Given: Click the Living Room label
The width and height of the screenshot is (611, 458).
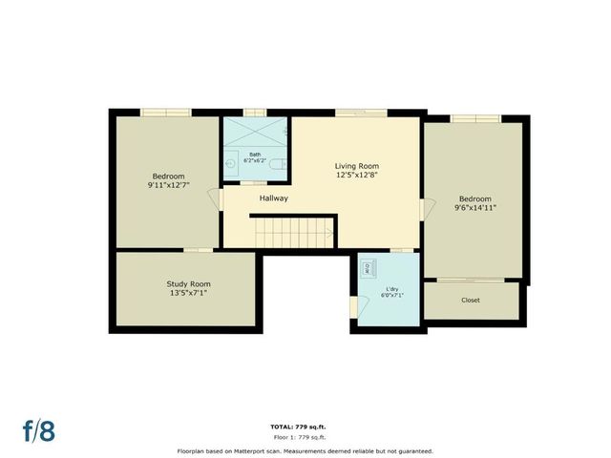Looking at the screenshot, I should pyautogui.click(x=357, y=165).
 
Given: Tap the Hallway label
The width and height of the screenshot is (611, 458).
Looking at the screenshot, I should pyautogui.click(x=273, y=198).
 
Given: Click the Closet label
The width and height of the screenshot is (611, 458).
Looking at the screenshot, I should pyautogui.click(x=471, y=300).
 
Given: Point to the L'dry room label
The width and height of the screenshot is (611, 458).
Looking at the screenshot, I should pyautogui.click(x=391, y=288).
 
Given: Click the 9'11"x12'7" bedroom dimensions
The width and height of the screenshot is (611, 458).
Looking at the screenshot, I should pyautogui.click(x=168, y=186).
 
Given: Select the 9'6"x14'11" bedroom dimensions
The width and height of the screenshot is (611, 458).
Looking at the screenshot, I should pyautogui.click(x=474, y=207).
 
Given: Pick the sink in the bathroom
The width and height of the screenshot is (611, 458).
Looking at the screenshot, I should pyautogui.click(x=230, y=163).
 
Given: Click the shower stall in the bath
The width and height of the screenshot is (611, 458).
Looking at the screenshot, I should pyautogui.click(x=256, y=131).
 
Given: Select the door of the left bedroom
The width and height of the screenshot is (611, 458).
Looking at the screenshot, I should pyautogui.click(x=221, y=199).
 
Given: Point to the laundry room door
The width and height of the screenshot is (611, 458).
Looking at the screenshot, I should pyautogui.click(x=355, y=306).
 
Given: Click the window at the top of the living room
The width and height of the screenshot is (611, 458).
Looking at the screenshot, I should pyautogui.click(x=360, y=114).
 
